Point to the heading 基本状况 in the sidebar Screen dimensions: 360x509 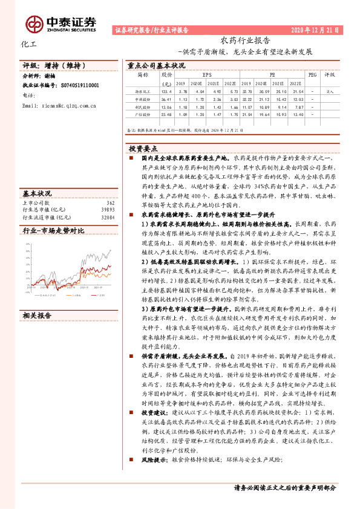pos(37,193)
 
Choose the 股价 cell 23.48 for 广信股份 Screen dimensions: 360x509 pos(166,113)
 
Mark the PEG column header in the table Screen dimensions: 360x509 pos(312,76)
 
